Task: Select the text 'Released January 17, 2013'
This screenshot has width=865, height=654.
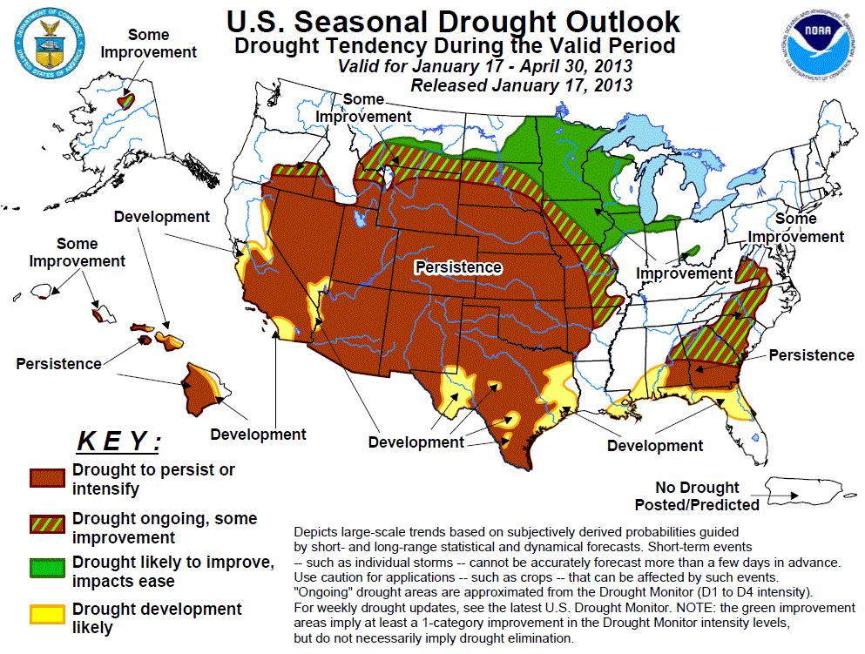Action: [x=521, y=84]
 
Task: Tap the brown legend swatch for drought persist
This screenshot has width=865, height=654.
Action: [x=46, y=478]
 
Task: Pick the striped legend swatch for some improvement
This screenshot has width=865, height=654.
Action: [x=46, y=523]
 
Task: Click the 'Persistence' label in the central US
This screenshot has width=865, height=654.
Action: [x=458, y=266]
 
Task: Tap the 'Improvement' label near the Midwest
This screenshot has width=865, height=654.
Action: [x=684, y=273]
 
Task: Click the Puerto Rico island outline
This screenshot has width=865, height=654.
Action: [x=810, y=492]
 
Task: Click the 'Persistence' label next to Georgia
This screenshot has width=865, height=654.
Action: [x=811, y=355]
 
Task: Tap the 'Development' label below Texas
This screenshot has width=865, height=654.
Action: [x=416, y=442]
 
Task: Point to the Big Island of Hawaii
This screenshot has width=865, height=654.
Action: [x=205, y=391]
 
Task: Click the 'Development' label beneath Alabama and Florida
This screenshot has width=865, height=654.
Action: [x=654, y=446]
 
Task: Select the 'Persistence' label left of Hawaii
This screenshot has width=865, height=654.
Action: [x=58, y=362]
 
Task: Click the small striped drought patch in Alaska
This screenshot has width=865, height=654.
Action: [x=128, y=99]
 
